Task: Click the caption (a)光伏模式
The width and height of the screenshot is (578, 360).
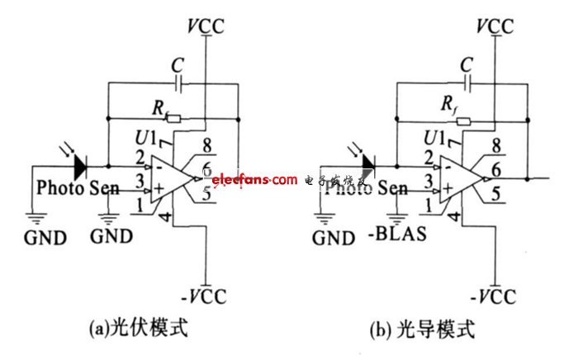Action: (x=139, y=328)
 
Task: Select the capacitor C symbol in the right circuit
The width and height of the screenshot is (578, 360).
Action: (x=469, y=83)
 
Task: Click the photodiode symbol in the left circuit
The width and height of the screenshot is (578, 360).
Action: (x=79, y=167)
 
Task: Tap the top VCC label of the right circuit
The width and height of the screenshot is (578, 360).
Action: (x=494, y=26)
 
